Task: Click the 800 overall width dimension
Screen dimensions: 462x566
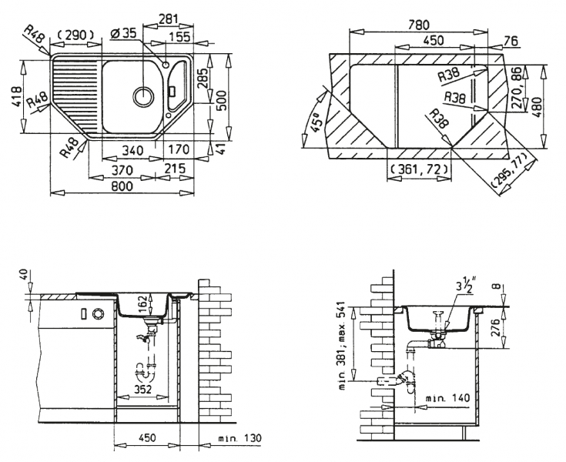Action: (122, 186)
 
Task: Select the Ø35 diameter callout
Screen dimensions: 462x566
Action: (123, 33)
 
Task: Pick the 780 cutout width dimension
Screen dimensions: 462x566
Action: (418, 25)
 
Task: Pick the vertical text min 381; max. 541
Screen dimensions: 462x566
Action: (343, 346)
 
